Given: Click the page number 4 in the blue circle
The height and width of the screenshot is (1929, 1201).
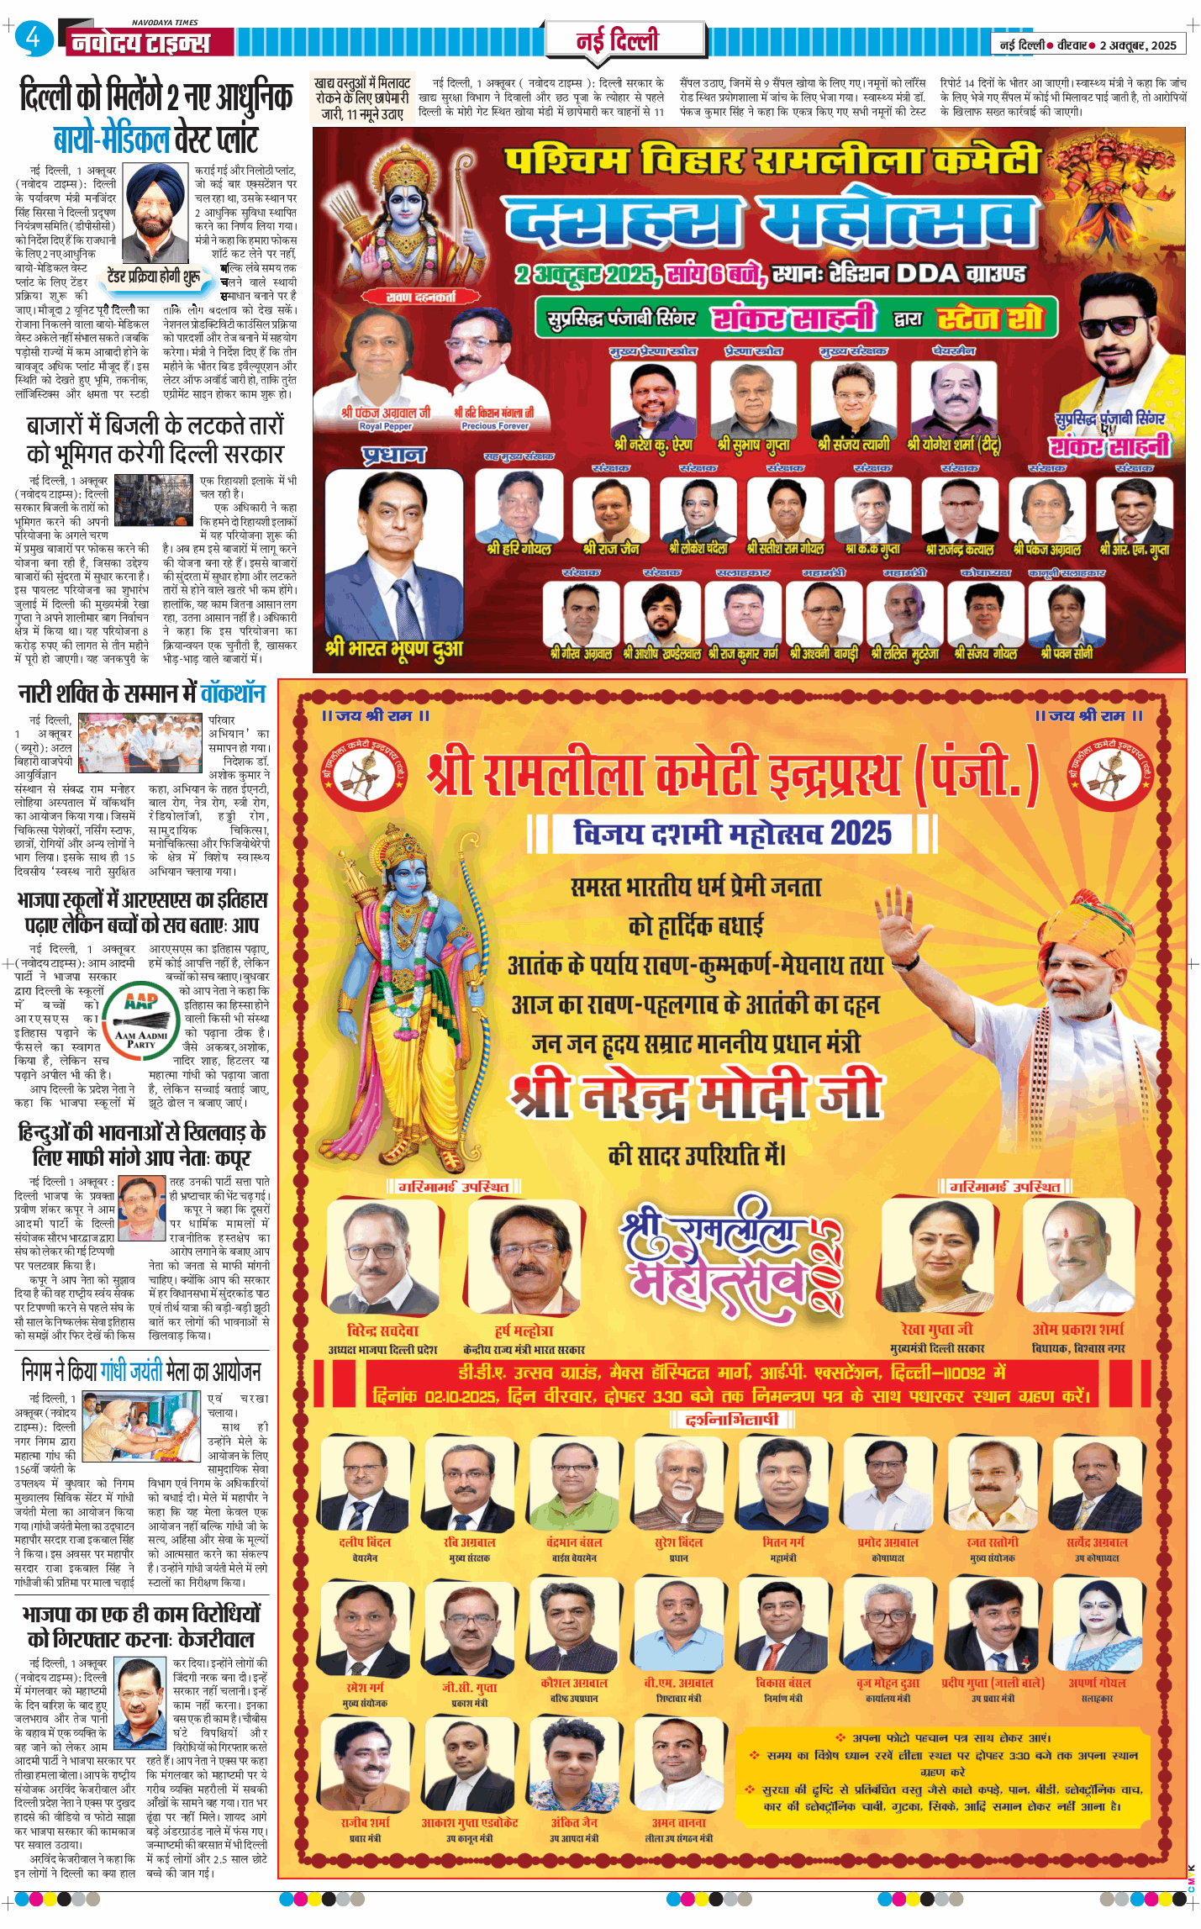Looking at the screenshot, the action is pyautogui.click(x=33, y=38).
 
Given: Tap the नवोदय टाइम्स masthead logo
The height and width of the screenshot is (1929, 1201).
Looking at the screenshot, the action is pyautogui.click(x=140, y=42).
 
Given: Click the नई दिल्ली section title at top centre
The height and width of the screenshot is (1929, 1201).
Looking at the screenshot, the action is pyautogui.click(x=617, y=40).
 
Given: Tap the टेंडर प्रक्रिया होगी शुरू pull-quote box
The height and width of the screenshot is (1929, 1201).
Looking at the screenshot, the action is pyautogui.click(x=154, y=276).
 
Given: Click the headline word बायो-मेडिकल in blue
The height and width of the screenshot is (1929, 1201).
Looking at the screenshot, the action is pyautogui.click(x=112, y=139).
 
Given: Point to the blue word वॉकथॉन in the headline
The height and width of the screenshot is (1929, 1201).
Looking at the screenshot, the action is pyautogui.click(x=233, y=693).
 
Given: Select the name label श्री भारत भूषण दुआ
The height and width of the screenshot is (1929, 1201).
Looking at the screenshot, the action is pyautogui.click(x=393, y=649).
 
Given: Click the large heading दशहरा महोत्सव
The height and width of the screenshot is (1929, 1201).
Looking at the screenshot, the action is pyautogui.click(x=769, y=221).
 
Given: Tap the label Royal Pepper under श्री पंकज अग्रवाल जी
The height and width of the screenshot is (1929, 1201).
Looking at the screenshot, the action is pyautogui.click(x=386, y=426).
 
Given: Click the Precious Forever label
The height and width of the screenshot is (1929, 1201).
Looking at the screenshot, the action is pyautogui.click(x=494, y=426).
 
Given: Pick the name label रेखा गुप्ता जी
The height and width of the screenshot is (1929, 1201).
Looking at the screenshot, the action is pyautogui.click(x=936, y=1329).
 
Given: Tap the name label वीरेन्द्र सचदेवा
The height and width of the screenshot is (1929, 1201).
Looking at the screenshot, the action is pyautogui.click(x=382, y=1331).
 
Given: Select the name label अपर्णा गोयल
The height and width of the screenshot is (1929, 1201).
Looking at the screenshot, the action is pyautogui.click(x=1097, y=1683).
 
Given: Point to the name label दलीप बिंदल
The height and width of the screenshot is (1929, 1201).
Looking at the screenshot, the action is pyautogui.click(x=365, y=1542).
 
